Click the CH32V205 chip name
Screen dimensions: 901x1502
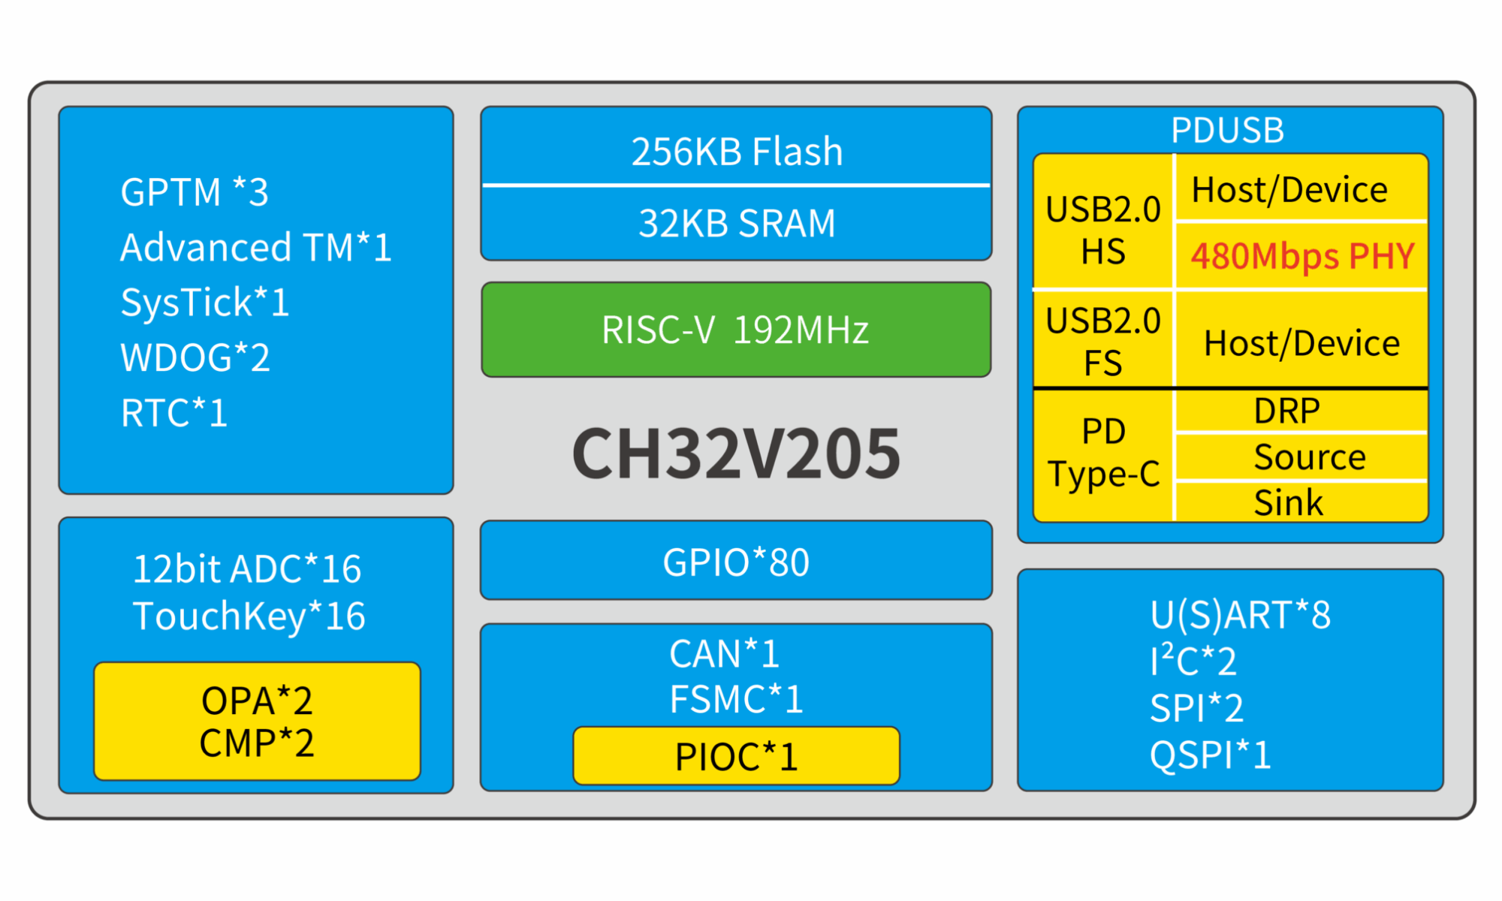[x=736, y=453]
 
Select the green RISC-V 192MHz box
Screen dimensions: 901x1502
[x=736, y=330]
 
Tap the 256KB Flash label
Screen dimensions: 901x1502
[x=736, y=151]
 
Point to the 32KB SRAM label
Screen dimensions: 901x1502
[x=736, y=223]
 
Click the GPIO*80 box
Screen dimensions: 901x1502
[x=736, y=562]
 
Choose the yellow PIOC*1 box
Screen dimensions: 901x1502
[x=736, y=756]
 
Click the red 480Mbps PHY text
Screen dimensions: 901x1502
[x=1302, y=256]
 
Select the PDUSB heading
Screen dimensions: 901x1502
[x=1227, y=130]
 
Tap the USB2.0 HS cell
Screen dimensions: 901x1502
[x=1102, y=230]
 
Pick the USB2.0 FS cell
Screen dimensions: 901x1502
[x=1102, y=342]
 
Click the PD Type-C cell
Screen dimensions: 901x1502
[x=1102, y=453]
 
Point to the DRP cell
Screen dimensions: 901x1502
[x=1286, y=411]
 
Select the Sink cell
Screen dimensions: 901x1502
[x=1288, y=502]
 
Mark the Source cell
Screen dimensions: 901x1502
[x=1309, y=457]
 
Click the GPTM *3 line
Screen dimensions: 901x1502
[x=195, y=192]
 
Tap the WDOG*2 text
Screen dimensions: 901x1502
[x=195, y=357]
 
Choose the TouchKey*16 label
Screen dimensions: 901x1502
[x=249, y=616]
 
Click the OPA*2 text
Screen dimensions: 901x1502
[x=257, y=701]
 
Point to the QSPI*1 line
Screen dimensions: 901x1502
[x=1210, y=755]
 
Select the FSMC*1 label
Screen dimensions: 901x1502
[x=736, y=699]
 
